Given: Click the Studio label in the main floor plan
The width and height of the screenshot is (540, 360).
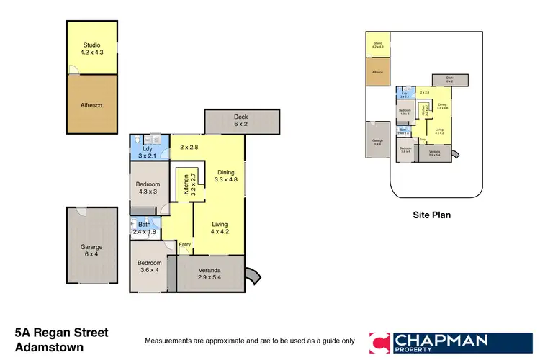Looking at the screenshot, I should click(91, 48).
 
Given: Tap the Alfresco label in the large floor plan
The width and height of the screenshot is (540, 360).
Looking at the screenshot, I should click(91, 104).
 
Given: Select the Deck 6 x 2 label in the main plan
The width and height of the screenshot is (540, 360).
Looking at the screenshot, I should click(240, 120).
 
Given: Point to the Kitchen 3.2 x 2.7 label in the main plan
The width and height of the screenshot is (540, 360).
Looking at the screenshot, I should click(186, 184).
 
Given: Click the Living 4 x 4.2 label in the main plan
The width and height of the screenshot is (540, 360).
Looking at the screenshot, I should click(219, 227).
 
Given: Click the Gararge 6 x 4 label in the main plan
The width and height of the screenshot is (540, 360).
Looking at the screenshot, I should click(91, 251).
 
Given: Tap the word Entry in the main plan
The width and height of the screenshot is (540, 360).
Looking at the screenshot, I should click(185, 245).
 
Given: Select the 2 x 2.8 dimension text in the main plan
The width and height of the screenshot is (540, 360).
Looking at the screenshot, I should click(189, 147).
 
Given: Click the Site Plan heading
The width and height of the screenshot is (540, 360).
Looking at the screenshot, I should click(431, 215).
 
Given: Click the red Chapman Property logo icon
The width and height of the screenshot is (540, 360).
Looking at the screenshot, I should click(381, 343).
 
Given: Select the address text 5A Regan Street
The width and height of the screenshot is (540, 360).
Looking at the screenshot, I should click(61, 333).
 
